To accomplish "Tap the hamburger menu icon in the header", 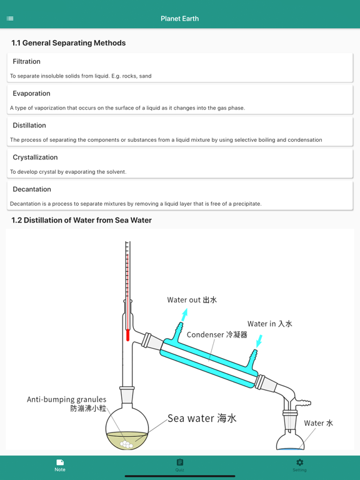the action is (x=10, y=18).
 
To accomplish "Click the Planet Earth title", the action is (x=180, y=19).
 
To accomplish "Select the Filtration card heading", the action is (x=27, y=61).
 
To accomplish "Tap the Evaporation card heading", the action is (x=31, y=93).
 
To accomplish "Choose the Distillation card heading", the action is (x=29, y=125).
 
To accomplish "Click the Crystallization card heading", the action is (x=35, y=157).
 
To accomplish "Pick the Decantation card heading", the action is (x=32, y=189).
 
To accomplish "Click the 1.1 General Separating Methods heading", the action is (x=69, y=43).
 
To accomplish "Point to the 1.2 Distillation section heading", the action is (x=82, y=220).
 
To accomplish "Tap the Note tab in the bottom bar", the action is (x=60, y=465).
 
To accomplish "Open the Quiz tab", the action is (x=180, y=465).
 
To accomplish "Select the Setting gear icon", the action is (x=300, y=462).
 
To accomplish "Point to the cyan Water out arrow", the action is (x=184, y=315).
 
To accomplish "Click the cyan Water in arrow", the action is (x=259, y=341).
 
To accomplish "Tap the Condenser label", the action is (x=217, y=334).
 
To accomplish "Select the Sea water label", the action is (x=202, y=418).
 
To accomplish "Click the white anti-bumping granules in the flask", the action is (x=126, y=444).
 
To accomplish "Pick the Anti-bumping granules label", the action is (x=66, y=404).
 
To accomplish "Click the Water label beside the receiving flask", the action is (x=318, y=423).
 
